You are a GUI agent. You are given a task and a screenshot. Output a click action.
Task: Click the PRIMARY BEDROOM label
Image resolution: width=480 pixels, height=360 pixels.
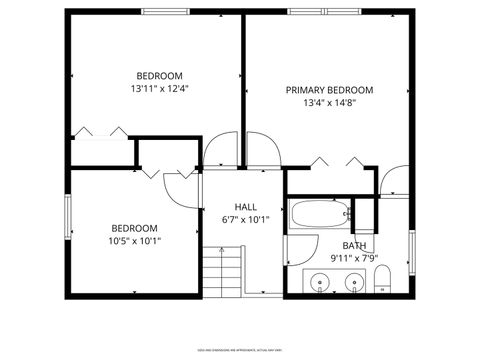[x=329, y=89]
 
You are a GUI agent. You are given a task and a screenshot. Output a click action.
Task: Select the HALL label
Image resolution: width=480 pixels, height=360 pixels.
[x=245, y=207]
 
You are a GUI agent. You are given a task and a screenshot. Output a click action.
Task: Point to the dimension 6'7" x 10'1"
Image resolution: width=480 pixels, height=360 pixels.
[x=245, y=220]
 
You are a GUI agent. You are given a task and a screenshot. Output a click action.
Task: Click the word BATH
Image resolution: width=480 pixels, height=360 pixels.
[x=354, y=245]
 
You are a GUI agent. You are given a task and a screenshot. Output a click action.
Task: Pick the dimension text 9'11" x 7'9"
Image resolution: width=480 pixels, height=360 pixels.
[x=354, y=258]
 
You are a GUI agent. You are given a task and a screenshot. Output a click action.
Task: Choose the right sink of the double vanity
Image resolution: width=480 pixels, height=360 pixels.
[x=354, y=282]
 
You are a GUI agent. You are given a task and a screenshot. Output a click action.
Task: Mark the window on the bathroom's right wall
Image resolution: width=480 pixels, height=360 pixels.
[x=411, y=246]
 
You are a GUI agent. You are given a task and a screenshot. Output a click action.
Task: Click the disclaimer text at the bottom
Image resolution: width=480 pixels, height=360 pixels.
[x=240, y=350]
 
